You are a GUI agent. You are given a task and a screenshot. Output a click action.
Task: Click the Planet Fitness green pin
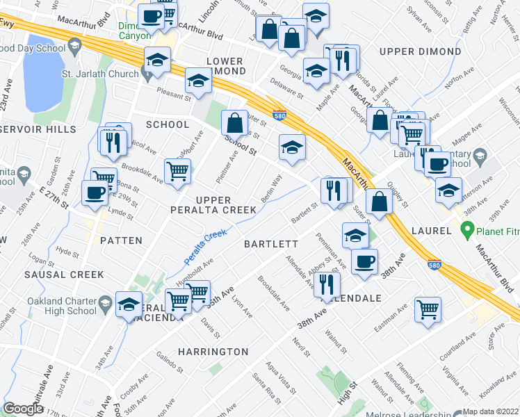(467, 228)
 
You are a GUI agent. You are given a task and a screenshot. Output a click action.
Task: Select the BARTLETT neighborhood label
(271, 244)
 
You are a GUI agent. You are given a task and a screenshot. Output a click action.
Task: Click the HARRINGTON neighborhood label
(213, 352)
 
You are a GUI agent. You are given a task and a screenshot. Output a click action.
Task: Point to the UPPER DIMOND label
(421, 52)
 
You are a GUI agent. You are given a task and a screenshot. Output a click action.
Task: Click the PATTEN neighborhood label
(121, 240)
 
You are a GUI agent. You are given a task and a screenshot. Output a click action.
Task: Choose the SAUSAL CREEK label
(64, 275)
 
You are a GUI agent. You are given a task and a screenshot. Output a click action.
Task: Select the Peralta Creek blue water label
(206, 247)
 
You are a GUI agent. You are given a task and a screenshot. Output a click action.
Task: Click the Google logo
(23, 409)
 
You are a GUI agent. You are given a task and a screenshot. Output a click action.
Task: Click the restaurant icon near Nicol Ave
(111, 142)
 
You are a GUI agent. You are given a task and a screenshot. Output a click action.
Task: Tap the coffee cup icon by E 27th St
(95, 194)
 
